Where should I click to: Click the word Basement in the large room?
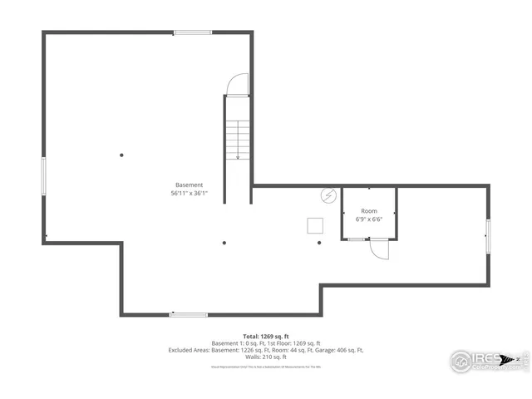click(x=189, y=185)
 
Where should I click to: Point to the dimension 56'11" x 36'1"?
click(x=189, y=193)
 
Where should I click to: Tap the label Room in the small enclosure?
click(x=369, y=211)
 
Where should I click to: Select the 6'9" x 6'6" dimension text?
click(x=369, y=219)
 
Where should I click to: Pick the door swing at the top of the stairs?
click(x=238, y=85)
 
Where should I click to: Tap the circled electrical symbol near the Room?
click(x=328, y=197)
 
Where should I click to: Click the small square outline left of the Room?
click(x=316, y=224)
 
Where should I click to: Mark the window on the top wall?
click(x=192, y=33)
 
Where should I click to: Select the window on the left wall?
click(x=44, y=175)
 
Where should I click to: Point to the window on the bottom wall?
click(x=188, y=314)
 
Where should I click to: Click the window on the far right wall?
click(x=488, y=235)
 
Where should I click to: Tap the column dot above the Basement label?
click(x=121, y=155)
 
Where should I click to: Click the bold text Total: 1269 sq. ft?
click(x=266, y=336)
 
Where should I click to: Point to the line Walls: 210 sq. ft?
click(x=266, y=357)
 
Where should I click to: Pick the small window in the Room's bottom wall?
click(x=356, y=239)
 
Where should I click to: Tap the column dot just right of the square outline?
click(x=320, y=243)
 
